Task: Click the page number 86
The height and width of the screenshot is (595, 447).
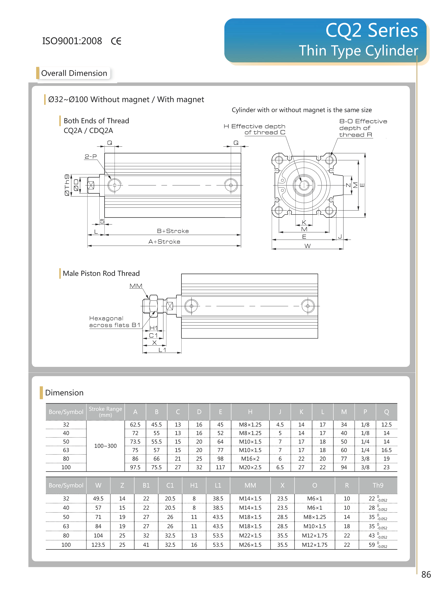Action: click(x=426, y=574)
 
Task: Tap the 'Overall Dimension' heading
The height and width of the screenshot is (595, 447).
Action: click(x=74, y=73)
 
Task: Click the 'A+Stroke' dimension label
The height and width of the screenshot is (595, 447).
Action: click(x=164, y=242)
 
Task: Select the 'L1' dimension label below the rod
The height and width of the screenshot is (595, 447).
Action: click(x=162, y=350)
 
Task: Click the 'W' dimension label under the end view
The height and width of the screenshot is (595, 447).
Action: click(x=308, y=246)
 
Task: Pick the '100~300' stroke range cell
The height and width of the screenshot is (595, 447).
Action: click(x=105, y=446)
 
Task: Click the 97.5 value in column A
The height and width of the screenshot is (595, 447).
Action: click(x=135, y=467)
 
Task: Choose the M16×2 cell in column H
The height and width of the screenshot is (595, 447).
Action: click(x=250, y=459)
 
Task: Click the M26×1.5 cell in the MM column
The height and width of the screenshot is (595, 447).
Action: click(x=250, y=545)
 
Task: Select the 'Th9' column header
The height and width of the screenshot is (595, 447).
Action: click(x=378, y=485)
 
